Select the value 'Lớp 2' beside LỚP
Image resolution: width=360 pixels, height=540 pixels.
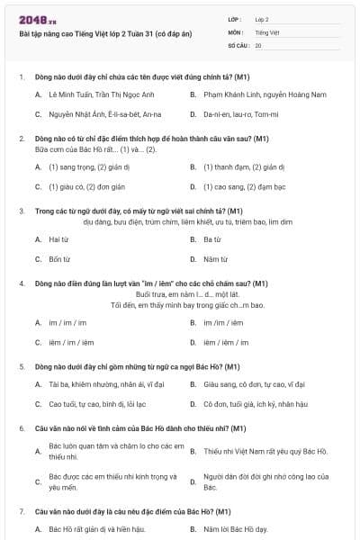point(262,18)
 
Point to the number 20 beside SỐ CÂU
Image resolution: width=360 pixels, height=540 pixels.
point(258,45)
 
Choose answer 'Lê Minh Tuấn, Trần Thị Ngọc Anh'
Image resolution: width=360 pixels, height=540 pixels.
point(102,94)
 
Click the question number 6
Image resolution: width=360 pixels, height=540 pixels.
point(22,428)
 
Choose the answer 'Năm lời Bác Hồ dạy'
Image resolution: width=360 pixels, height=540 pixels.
point(236,529)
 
